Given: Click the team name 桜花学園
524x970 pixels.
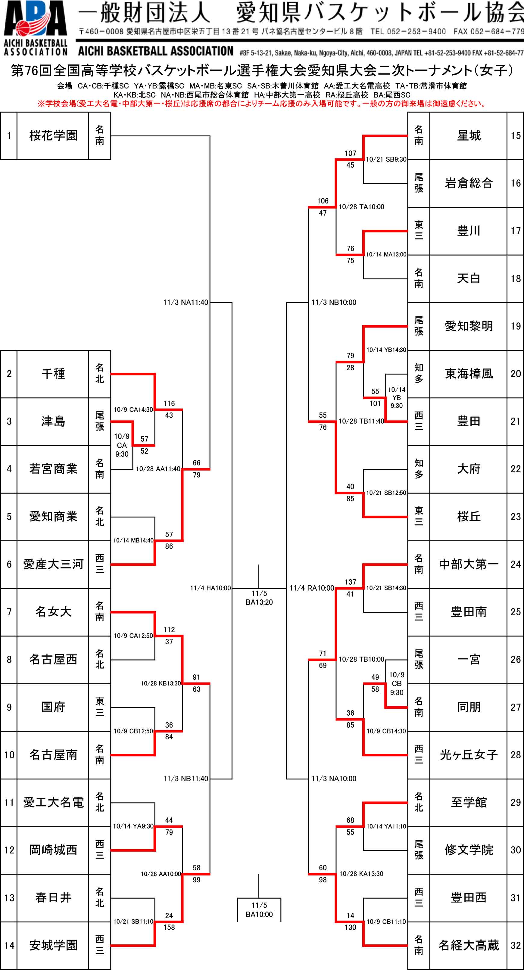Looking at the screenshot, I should pyautogui.click(x=53, y=135).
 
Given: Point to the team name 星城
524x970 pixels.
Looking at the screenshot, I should pyautogui.click(x=468, y=135).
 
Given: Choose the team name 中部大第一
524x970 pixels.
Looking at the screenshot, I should pyautogui.click(x=468, y=564).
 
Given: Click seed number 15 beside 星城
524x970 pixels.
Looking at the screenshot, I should pyautogui.click(x=515, y=135).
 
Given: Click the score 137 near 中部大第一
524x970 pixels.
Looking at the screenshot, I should pyautogui.click(x=350, y=582).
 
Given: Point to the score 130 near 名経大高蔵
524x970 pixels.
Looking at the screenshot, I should pyautogui.click(x=350, y=927).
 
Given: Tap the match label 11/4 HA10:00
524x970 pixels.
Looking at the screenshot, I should pyautogui.click(x=210, y=588).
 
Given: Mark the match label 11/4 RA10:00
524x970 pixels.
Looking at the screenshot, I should pyautogui.click(x=311, y=588).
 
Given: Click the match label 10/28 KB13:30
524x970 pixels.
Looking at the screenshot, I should pyautogui.click(x=161, y=683).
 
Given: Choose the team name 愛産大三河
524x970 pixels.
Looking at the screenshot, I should pyautogui.click(x=53, y=564).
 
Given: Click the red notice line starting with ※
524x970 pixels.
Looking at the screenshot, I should pyautogui.click(x=262, y=104).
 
